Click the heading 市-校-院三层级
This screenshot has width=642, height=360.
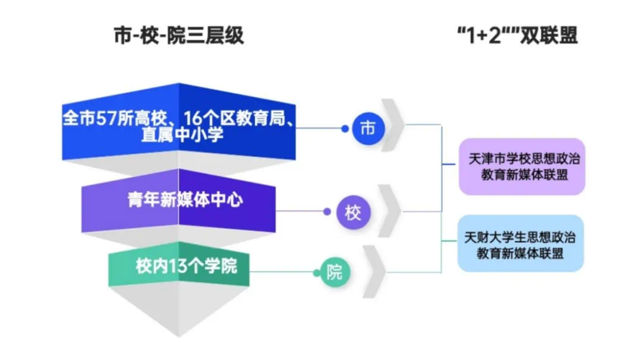coord(179,37)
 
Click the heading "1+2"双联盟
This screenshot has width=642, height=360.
coord(516,37)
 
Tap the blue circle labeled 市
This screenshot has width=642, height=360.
coord(369,128)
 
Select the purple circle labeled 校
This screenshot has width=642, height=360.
coord(353,212)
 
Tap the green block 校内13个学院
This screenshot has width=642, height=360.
coord(178,266)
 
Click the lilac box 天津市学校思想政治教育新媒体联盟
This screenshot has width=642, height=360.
coord(522,167)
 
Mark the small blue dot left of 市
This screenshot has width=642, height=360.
coord(345,128)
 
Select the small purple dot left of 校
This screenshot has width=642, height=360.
coord(326,211)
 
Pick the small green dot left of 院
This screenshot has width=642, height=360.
coord(317,273)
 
